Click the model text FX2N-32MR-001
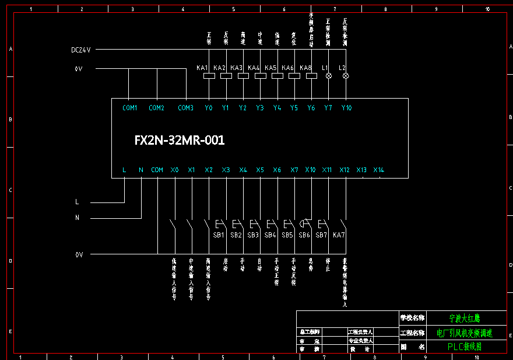pos(180,141)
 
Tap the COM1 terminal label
pos(130,108)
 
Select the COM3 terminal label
pos(185,108)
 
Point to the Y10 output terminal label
pos(346,108)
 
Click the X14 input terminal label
pos(379,170)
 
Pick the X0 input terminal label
pos(175,170)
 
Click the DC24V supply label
pos(81,50)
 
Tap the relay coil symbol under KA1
pos(209,76)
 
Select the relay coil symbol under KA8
pos(311,76)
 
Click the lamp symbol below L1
pos(328,76)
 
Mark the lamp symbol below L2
pos(346,76)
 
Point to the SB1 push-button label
pos(219,235)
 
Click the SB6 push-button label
pos(304,235)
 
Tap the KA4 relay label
pos(254,68)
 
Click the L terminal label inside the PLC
pos(124,170)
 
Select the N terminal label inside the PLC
pos(141,170)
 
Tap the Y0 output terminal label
pos(209,108)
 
